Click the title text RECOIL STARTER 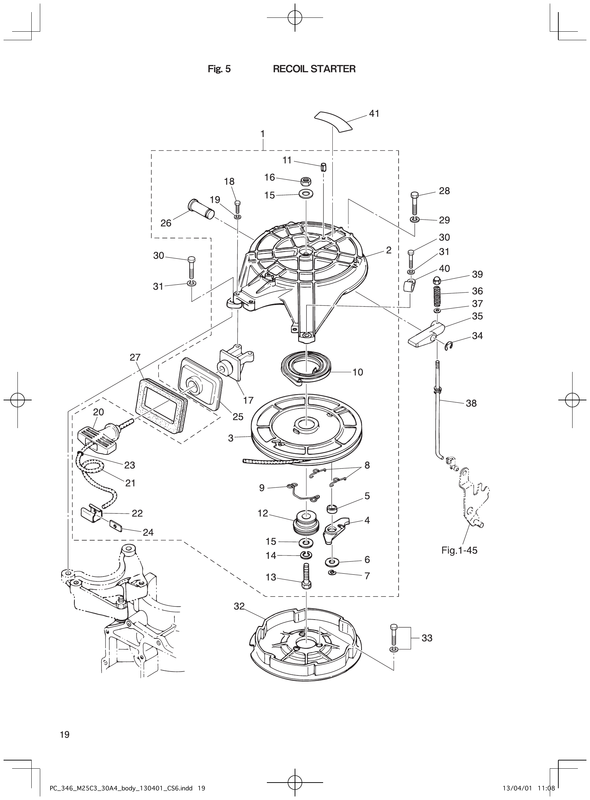pyautogui.click(x=314, y=69)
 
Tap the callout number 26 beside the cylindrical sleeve pyautogui.click(x=166, y=223)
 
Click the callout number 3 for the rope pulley pyautogui.click(x=231, y=438)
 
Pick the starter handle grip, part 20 pyautogui.click(x=96, y=437)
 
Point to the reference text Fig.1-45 pyautogui.click(x=459, y=551)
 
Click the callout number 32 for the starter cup pyautogui.click(x=239, y=606)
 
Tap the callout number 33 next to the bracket pyautogui.click(x=427, y=638)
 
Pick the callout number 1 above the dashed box pyautogui.click(x=263, y=134)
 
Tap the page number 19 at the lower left pyautogui.click(x=65, y=735)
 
